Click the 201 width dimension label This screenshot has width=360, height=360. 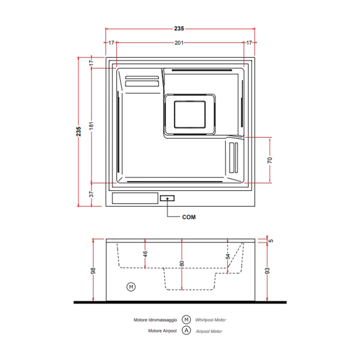pyautogui.click(x=179, y=43)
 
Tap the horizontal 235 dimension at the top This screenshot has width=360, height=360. pyautogui.click(x=179, y=29)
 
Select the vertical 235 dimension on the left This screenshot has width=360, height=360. pyautogui.click(x=79, y=132)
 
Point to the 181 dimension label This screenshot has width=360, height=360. pyautogui.click(x=92, y=126)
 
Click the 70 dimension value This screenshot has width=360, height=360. pyautogui.click(x=270, y=160)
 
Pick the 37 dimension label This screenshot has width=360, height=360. pyautogui.click(x=92, y=194)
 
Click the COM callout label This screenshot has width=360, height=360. pyautogui.click(x=189, y=217)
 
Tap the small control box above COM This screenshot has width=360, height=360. pyautogui.click(x=167, y=198)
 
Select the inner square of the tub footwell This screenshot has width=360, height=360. pyautogui.click(x=190, y=114)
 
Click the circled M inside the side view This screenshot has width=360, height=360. pyautogui.click(x=131, y=287)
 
